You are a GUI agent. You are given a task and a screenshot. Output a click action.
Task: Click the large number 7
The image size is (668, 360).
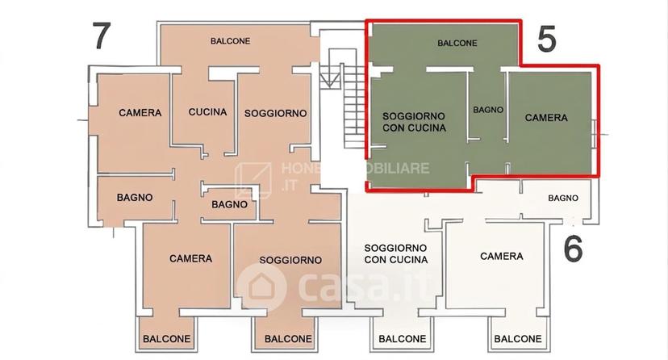coord(102,36)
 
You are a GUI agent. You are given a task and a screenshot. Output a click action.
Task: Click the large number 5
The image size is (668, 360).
coord(547,40)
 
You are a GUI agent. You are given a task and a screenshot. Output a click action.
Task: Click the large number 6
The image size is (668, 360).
coord(573,249)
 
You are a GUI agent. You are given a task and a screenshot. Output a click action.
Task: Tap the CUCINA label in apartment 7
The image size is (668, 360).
coord(207,112)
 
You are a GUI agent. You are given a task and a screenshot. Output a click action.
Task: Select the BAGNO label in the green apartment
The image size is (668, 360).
coord(488,110)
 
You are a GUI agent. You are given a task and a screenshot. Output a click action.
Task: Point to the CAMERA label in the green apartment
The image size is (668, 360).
coord(546,118)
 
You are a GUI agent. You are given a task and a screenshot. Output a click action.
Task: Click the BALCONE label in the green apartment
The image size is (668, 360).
coord(457,43)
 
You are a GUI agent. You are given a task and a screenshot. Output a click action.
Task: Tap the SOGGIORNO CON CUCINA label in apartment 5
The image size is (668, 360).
coord(414,122)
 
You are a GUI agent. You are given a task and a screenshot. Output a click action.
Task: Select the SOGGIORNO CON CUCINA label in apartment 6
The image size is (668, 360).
coord(396,253)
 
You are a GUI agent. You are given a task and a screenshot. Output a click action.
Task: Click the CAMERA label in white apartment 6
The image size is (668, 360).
coord(502,256)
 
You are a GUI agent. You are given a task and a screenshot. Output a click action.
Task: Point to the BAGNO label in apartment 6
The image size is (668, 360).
coord(563,198)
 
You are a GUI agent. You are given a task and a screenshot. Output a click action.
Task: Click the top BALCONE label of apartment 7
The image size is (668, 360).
coord(231,41)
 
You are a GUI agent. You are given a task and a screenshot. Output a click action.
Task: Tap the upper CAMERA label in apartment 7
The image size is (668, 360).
coord(140,113)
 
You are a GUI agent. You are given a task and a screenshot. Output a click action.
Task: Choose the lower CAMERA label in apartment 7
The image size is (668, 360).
coord(190,258)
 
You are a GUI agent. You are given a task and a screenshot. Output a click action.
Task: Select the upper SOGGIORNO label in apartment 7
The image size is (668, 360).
coord(276,113)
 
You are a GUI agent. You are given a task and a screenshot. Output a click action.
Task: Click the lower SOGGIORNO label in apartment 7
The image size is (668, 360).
coord(290,260)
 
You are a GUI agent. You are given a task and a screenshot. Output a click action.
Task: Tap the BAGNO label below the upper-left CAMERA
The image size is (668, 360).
coord(135,198)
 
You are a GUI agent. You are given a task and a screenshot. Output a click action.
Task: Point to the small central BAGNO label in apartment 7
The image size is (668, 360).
coord(230,204)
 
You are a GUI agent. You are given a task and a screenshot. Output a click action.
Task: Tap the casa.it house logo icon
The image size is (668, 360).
coord(261,287)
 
